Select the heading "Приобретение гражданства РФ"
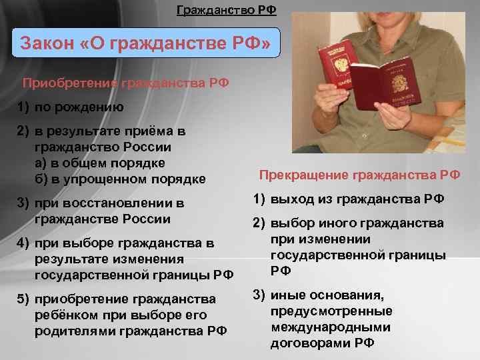pos(125,83)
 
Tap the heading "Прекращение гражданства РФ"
pos(359,175)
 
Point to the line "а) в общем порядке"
pos(99,163)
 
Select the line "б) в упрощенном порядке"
pos(120,179)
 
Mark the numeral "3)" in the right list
pos(259,295)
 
